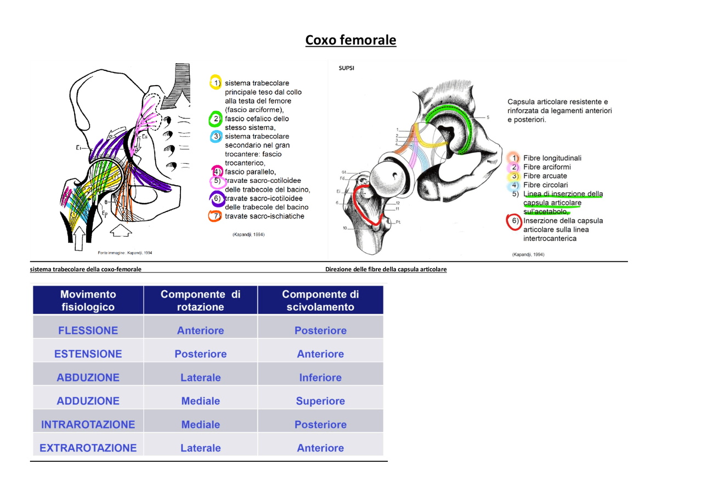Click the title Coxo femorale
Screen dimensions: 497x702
click(350, 40)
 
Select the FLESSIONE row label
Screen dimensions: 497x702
click(88, 331)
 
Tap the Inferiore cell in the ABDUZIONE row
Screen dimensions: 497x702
click(320, 378)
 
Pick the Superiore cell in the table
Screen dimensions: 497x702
click(320, 401)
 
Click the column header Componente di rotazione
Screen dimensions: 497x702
click(200, 300)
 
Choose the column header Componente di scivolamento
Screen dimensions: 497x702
click(320, 300)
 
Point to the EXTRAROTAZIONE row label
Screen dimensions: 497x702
click(88, 448)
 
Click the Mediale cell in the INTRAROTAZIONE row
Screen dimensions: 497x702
click(200, 425)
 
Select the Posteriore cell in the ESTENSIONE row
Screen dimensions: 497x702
click(200, 354)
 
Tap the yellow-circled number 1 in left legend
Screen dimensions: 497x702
click(216, 83)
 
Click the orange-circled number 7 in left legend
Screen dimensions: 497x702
click(216, 216)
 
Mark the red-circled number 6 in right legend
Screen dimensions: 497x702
click(513, 221)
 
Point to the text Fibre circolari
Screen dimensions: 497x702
click(545, 185)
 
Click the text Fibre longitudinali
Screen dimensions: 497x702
click(552, 158)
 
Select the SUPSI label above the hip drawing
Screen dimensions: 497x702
click(346, 69)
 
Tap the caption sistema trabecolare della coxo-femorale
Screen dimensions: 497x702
click(86, 270)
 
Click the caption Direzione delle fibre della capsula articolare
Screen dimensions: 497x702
click(386, 270)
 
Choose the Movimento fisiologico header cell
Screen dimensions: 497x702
click(88, 300)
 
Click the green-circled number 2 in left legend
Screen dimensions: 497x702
click(216, 119)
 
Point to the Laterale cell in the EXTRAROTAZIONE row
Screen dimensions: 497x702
click(200, 448)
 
